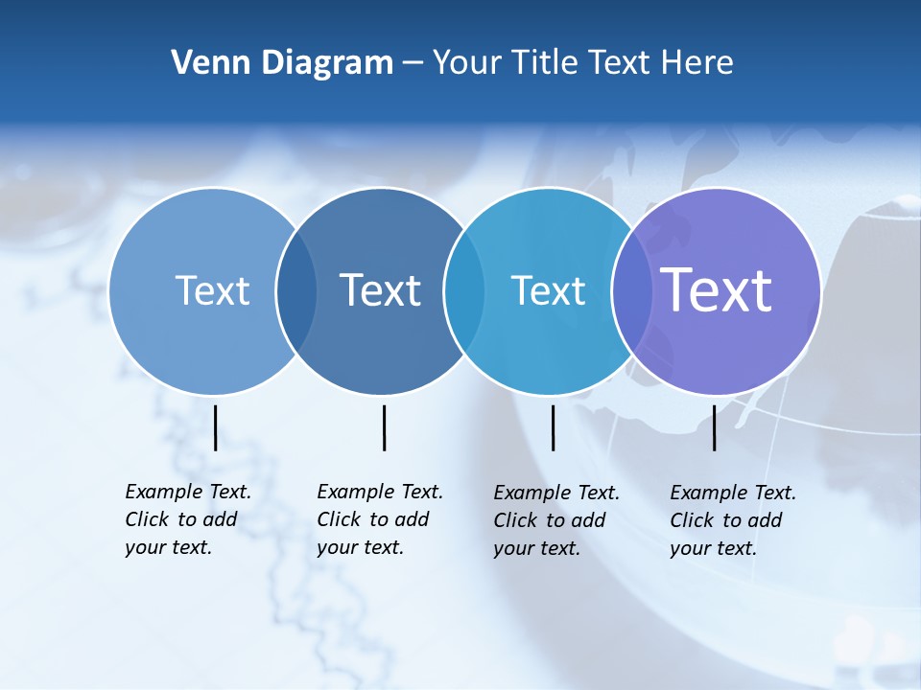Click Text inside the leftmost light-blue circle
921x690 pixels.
[212, 290]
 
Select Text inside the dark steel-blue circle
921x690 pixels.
[381, 290]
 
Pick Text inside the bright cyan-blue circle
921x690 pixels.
[548, 290]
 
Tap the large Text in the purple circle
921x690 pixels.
[717, 289]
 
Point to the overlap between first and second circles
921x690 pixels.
[296, 291]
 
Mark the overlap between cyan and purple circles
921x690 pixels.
[632, 291]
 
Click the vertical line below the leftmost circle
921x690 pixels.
[215, 427]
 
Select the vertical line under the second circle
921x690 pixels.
[384, 427]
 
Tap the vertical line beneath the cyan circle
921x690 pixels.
[553, 427]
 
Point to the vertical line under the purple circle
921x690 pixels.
[714, 427]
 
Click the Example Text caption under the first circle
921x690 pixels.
[188, 519]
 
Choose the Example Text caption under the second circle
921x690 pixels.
[380, 519]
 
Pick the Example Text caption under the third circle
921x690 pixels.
[556, 520]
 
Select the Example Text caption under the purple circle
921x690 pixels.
[733, 520]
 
